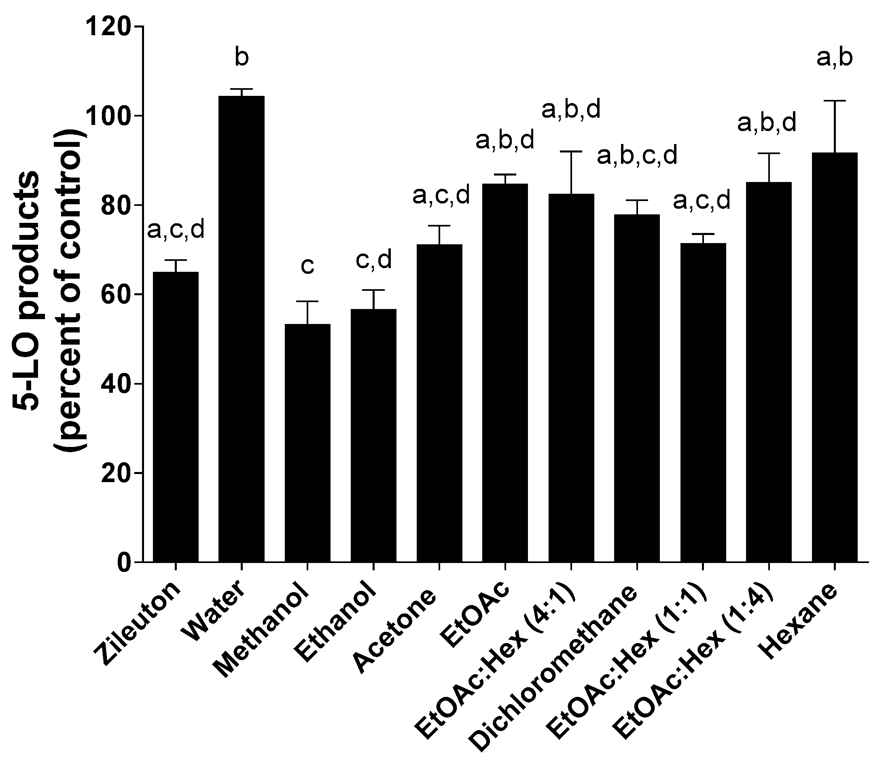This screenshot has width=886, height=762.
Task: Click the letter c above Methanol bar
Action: tap(307, 266)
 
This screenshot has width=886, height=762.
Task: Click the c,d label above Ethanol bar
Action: tap(374, 260)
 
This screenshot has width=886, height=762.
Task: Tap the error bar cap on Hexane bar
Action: tap(835, 101)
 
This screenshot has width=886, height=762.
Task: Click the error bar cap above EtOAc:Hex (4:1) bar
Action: tap(571, 152)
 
